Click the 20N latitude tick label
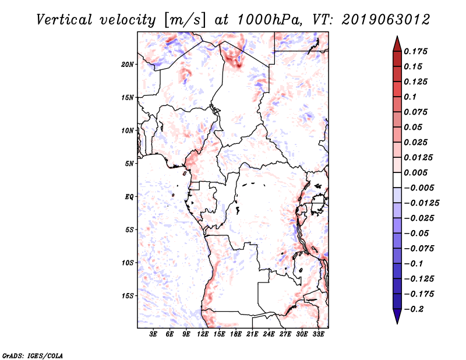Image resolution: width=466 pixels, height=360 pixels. click(128, 65)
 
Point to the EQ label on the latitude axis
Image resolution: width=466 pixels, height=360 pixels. click(129, 197)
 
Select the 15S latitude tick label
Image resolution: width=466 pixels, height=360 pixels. click(128, 296)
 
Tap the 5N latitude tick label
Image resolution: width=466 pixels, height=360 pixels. click(129, 164)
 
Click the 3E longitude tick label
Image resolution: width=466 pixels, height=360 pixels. click(153, 334)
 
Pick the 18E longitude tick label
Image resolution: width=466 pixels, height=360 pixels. click(236, 334)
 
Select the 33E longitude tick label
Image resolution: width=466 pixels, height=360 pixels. click(318, 334)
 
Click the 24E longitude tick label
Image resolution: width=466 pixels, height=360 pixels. click(269, 334)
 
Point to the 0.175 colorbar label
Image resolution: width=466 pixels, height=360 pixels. click(415, 51)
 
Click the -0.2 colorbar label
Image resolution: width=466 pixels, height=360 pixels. click(414, 309)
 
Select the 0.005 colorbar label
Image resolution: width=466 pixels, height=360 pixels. click(415, 172)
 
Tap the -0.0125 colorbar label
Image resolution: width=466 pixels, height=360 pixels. click(421, 203)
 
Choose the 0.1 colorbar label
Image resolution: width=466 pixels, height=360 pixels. click(410, 97)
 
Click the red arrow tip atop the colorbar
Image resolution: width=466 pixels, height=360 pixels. click(397, 36)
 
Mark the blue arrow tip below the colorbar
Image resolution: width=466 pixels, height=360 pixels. click(397, 323)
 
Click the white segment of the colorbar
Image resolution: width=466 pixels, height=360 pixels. click(397, 180)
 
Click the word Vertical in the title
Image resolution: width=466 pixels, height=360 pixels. click(64, 20)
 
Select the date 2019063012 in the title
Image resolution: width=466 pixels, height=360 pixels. click(386, 20)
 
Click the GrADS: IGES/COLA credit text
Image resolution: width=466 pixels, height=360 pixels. click(33, 355)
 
